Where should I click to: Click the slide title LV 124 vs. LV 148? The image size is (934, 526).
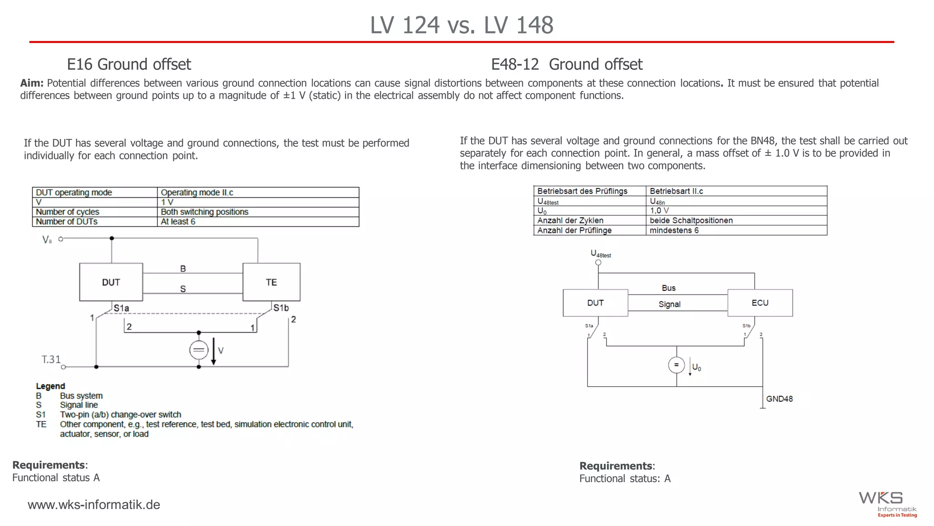point(462,25)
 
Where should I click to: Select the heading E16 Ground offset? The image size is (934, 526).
point(129,64)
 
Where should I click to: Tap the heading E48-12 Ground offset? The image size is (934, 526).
point(566,64)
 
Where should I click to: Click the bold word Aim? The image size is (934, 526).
point(31,83)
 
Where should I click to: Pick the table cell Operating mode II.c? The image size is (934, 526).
point(197,192)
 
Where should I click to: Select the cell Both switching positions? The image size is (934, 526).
point(204,212)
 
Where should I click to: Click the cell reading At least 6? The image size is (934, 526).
point(178,221)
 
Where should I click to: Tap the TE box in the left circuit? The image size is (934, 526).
point(271,282)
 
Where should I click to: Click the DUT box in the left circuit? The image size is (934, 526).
point(111,282)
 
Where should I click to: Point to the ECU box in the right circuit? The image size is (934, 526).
point(760,303)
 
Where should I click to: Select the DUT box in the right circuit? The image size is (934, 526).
point(595,303)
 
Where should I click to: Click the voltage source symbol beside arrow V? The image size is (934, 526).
point(198,350)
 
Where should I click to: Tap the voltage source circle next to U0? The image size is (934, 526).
point(676,365)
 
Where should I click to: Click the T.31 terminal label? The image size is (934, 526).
point(51,359)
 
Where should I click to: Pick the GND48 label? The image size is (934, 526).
point(779,399)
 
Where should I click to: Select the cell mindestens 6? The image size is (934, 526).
point(674,230)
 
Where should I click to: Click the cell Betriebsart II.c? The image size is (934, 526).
point(676,191)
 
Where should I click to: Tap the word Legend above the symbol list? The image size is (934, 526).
point(50,386)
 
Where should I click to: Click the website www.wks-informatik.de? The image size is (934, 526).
point(94,505)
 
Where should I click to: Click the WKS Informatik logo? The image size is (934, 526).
point(887,504)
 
